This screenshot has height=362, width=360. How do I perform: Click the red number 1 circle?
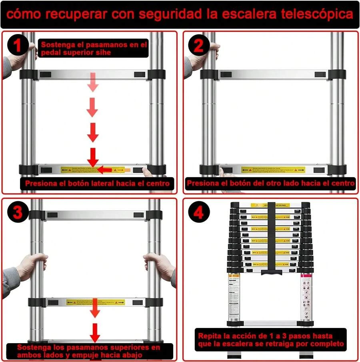click(x=17, y=46)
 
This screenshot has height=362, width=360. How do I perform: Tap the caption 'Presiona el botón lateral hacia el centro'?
click(x=98, y=184)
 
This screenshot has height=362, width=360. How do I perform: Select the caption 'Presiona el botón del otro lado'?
click(x=270, y=184)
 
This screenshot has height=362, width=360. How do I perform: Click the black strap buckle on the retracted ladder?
click(x=271, y=272)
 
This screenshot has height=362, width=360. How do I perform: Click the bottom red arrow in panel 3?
click(x=95, y=332)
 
